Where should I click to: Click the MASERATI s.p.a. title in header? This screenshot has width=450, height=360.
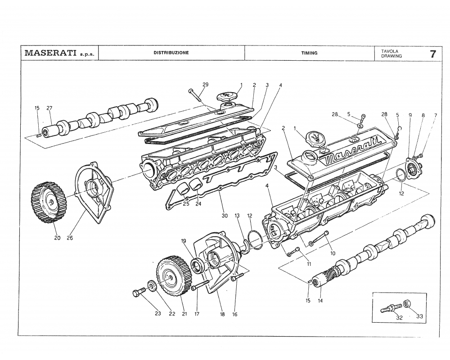click(59, 53)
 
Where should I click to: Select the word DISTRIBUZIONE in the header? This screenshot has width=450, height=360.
click(171, 53)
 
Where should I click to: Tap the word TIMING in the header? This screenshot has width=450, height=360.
click(309, 53)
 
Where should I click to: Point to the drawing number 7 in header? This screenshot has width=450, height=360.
click(432, 54)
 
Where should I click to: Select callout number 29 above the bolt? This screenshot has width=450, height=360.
click(205, 85)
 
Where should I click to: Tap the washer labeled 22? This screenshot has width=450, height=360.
click(152, 286)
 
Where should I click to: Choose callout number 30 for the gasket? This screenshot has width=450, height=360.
click(225, 216)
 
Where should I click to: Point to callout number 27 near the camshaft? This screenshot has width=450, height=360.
click(49, 108)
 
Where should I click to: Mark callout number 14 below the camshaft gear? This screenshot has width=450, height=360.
click(320, 300)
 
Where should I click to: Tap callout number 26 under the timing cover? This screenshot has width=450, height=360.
click(70, 238)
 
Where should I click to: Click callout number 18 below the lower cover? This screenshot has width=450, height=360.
click(222, 315)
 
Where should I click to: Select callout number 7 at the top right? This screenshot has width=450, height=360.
click(435, 116)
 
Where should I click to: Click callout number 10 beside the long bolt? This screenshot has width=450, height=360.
click(333, 253)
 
